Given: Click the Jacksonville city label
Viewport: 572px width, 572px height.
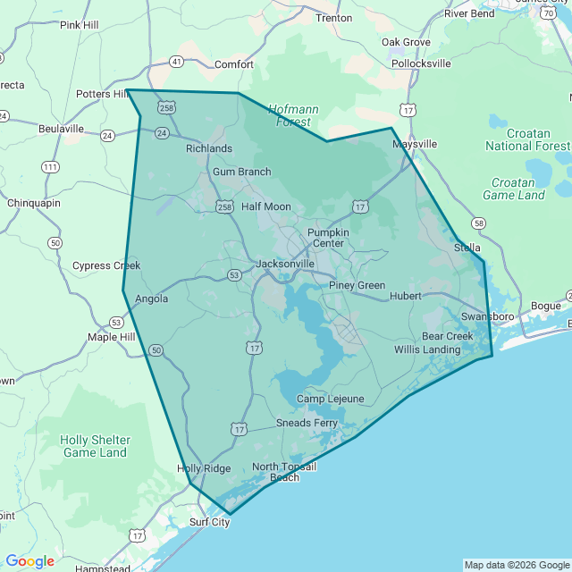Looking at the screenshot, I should click(x=285, y=264).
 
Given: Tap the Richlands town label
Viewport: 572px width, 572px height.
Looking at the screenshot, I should click(x=208, y=148).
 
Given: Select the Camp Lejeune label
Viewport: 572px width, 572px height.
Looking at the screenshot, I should click(x=329, y=399).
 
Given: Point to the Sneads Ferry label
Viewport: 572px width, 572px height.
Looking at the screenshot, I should click(x=307, y=422).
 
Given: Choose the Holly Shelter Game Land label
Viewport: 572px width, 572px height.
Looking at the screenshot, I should click(x=95, y=446).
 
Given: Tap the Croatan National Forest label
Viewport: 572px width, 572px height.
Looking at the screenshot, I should click(x=526, y=139).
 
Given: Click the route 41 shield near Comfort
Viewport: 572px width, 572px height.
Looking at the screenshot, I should click(x=177, y=62).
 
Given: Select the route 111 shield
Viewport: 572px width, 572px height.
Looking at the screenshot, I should click(x=50, y=167).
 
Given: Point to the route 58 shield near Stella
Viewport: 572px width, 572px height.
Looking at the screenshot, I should click(x=479, y=223).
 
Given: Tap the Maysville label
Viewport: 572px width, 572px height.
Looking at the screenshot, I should click(x=414, y=143).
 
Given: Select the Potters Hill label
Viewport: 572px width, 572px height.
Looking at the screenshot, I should click(x=103, y=94).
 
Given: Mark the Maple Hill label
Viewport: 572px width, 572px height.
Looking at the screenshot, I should click(x=111, y=337).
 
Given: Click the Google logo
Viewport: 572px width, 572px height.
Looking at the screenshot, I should click(x=29, y=561).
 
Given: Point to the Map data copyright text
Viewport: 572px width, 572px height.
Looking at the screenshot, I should click(x=517, y=565).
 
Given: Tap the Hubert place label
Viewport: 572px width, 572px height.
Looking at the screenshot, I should click(x=405, y=296).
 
